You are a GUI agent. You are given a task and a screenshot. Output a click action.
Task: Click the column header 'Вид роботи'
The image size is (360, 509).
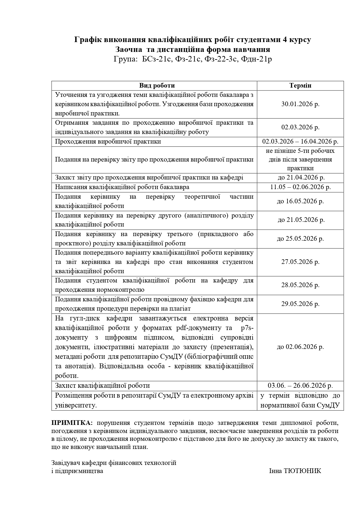157,86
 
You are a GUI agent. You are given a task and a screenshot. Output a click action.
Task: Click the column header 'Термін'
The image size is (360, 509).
300,86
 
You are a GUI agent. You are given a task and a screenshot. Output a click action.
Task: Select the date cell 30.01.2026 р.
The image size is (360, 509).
300,104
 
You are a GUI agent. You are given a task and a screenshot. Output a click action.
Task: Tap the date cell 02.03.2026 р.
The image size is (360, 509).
300,127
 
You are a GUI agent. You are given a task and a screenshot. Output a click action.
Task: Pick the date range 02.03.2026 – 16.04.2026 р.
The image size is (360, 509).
300,142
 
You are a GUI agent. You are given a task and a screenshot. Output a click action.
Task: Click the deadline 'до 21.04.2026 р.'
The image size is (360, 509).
300,177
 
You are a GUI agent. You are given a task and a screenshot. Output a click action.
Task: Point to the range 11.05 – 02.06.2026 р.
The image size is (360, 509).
300,187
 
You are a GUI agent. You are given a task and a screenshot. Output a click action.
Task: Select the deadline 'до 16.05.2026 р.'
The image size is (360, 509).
300,201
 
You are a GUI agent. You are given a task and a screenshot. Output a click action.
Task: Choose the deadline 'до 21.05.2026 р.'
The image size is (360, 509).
300,220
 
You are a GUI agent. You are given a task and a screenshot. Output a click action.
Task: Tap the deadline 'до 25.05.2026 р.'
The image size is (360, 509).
300,238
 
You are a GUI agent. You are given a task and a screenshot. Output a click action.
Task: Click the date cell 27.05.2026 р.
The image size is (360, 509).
300,262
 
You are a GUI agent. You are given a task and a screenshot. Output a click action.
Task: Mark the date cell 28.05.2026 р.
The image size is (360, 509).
300,285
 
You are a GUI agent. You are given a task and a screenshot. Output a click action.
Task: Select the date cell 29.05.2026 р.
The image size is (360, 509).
300,304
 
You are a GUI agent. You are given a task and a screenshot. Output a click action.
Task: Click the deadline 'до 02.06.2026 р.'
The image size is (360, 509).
300,347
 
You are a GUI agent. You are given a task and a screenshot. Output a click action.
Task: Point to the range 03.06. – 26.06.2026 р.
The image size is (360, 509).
300,385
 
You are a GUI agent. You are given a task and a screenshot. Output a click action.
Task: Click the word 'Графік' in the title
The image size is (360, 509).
87,40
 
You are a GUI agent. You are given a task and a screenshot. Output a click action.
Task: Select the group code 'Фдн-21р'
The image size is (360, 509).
256,59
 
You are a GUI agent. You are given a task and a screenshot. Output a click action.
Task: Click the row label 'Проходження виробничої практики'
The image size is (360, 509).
108,142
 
